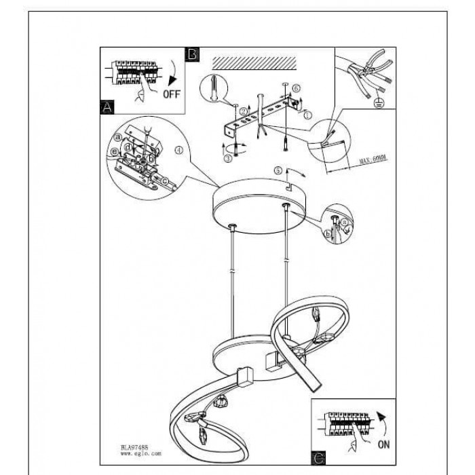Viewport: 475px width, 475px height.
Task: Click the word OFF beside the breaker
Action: tap(172, 94)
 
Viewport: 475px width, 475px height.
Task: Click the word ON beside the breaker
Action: tap(383, 444)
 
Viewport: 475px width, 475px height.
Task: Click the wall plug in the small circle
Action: tap(216, 89)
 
